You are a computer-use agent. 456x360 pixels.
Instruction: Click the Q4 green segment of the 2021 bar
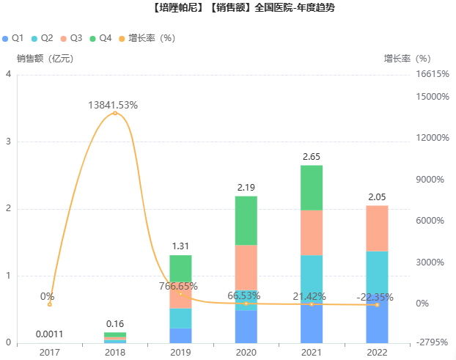tap(312, 188)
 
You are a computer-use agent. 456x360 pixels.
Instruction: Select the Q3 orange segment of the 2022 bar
tap(377, 228)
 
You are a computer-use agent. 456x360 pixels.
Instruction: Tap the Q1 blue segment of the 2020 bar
tap(246, 327)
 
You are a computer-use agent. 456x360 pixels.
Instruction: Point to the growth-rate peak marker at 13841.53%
tap(115, 113)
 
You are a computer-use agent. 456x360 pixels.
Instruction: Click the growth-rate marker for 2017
tap(50, 304)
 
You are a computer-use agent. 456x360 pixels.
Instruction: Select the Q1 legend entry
tap(14, 37)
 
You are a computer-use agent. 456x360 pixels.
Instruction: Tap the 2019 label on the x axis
tap(180, 352)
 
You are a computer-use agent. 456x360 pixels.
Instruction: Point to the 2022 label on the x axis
tap(377, 352)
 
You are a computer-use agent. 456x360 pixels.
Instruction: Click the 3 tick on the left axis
tap(8, 142)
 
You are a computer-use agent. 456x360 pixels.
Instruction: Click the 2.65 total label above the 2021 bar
tap(312, 157)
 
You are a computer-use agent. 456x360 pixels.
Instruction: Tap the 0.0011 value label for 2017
tap(50, 334)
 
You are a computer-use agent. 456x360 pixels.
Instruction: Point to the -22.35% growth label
tap(375, 297)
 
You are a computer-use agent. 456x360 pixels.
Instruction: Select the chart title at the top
tap(228, 9)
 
